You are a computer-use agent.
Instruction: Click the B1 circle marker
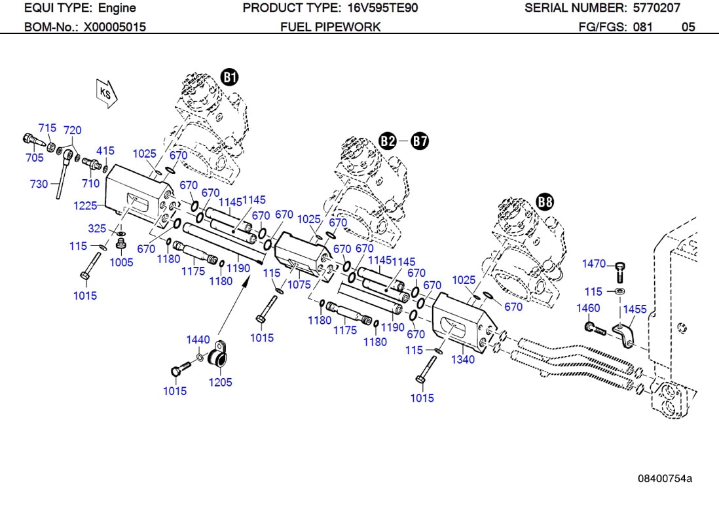229,78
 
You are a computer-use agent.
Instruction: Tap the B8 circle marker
545,202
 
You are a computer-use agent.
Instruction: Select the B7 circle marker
420,141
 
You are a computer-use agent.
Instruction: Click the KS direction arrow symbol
106,93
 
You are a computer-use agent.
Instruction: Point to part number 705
34,158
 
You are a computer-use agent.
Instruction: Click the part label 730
39,184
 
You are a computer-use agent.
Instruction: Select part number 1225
85,205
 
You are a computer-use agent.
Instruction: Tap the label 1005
121,262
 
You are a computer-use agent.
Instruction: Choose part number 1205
220,382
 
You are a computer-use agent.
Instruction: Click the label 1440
198,340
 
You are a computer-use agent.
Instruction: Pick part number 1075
299,285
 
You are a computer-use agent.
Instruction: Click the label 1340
462,360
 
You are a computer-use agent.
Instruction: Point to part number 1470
594,264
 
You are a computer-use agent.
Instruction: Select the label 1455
635,309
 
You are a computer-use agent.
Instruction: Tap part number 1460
588,308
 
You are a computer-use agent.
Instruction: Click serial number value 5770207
656,8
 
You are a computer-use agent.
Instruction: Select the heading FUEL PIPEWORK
330,27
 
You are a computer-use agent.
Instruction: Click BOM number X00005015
115,27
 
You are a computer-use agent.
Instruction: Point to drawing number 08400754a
665,478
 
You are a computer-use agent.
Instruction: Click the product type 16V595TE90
380,8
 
